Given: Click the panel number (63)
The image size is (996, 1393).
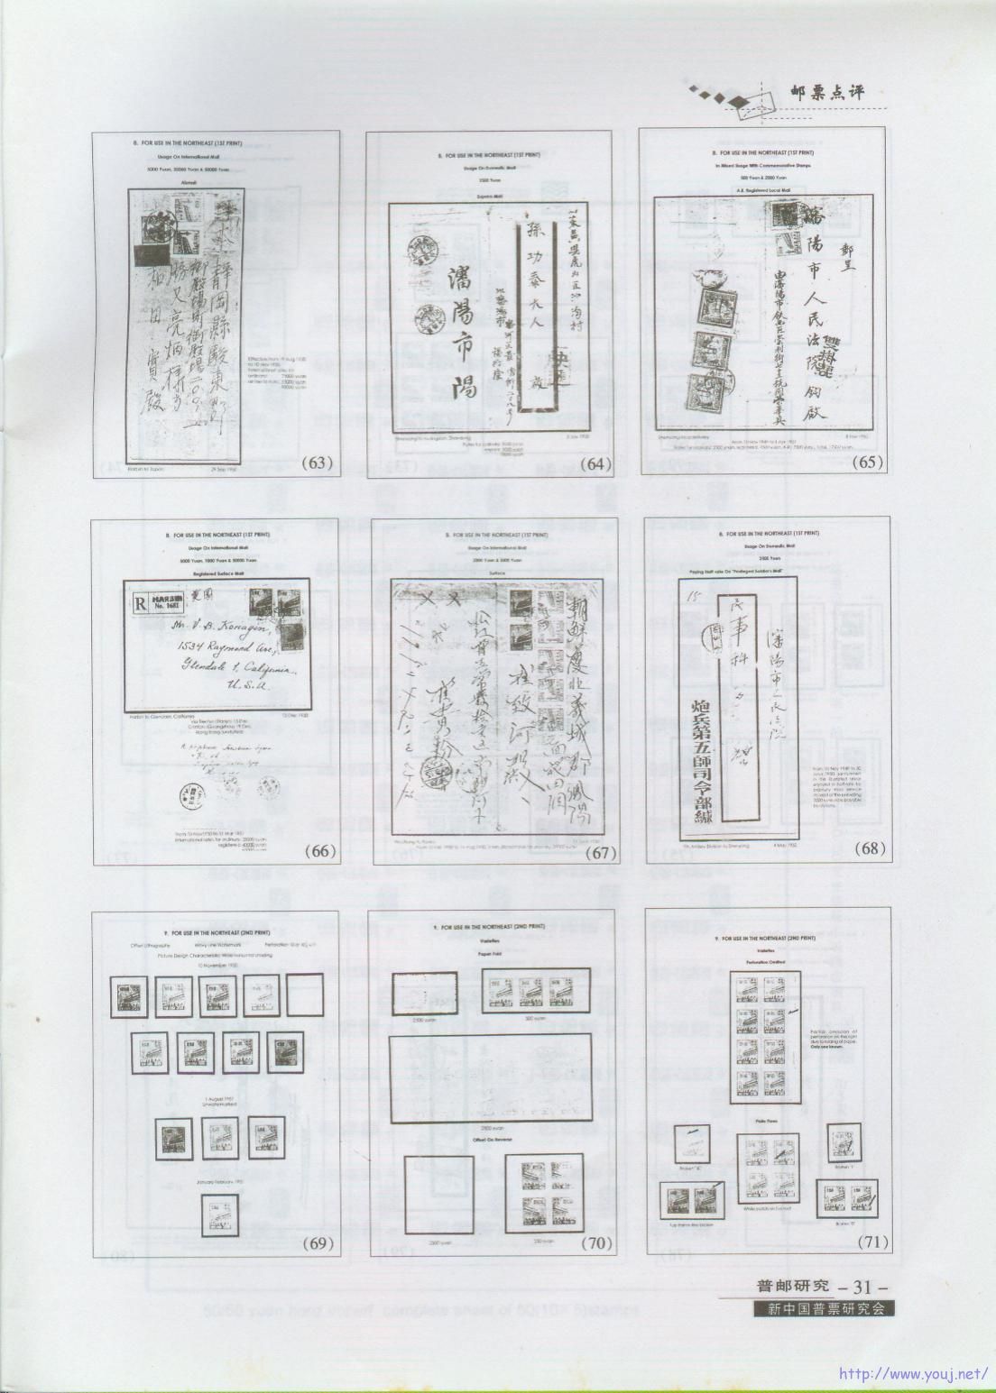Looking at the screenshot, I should (318, 463).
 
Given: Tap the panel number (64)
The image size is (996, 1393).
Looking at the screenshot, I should (595, 464).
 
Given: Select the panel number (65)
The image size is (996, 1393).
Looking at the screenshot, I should (868, 462).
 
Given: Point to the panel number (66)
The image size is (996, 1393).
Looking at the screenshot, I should (319, 850).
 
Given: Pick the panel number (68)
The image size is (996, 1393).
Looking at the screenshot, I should (871, 848).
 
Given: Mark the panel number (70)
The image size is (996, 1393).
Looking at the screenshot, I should (597, 1243).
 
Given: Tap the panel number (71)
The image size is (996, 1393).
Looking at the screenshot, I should (871, 1242).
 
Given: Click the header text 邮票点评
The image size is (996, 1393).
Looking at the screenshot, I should (833, 91).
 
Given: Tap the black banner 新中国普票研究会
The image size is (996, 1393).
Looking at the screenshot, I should (825, 1309).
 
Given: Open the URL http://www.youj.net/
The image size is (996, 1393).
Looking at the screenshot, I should (913, 1375).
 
